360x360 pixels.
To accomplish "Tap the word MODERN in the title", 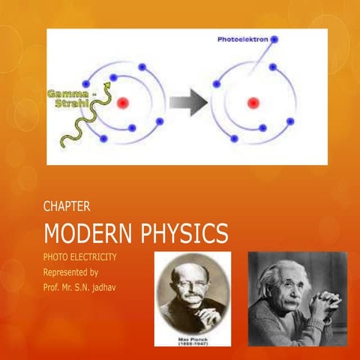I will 88,233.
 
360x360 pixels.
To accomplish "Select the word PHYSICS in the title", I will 184,233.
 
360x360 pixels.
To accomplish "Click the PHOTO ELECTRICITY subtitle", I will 79,257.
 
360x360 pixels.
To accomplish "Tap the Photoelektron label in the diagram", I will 241,39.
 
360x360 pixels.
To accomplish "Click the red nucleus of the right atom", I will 254,102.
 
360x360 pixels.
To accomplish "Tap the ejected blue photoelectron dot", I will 275,39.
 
